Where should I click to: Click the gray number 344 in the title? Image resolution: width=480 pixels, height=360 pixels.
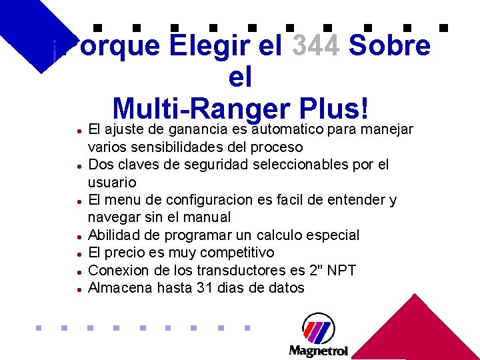coord(317,46)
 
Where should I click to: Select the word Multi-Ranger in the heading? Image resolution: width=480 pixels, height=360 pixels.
coord(197,108)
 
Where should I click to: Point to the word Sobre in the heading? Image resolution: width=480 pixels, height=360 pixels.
coord(390,46)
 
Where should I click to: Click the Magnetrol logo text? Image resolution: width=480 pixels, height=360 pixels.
coord(318,351)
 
